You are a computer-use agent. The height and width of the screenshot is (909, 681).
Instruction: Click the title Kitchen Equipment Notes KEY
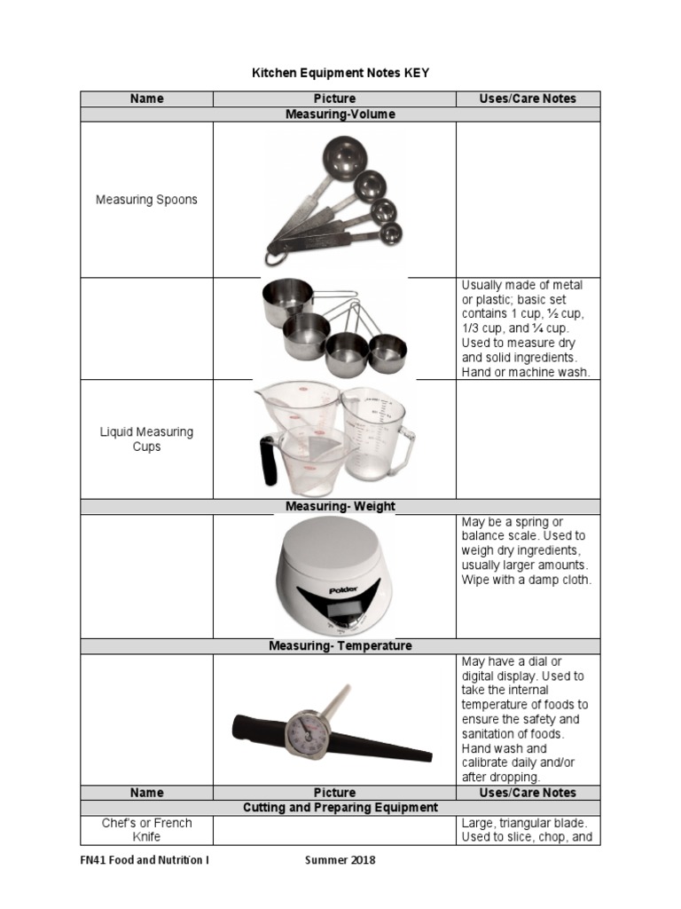coord(340,73)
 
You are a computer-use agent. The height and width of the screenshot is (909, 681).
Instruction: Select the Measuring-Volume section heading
coord(340,115)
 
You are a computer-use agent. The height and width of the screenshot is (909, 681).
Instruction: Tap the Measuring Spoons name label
coord(146,200)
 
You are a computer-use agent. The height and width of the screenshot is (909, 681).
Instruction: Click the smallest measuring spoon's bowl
coord(389,233)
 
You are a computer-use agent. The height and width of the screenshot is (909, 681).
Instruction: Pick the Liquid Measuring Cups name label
coord(146,439)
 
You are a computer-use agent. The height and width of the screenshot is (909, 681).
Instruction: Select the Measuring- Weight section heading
coord(340,506)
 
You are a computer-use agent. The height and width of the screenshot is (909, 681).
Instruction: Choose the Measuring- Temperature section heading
coord(340,646)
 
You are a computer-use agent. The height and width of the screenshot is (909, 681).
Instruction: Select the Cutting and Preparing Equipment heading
coord(340,808)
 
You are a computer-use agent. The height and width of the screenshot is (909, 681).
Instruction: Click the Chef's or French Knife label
coord(146,830)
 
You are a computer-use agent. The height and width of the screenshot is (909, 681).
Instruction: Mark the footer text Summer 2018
coord(340,860)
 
